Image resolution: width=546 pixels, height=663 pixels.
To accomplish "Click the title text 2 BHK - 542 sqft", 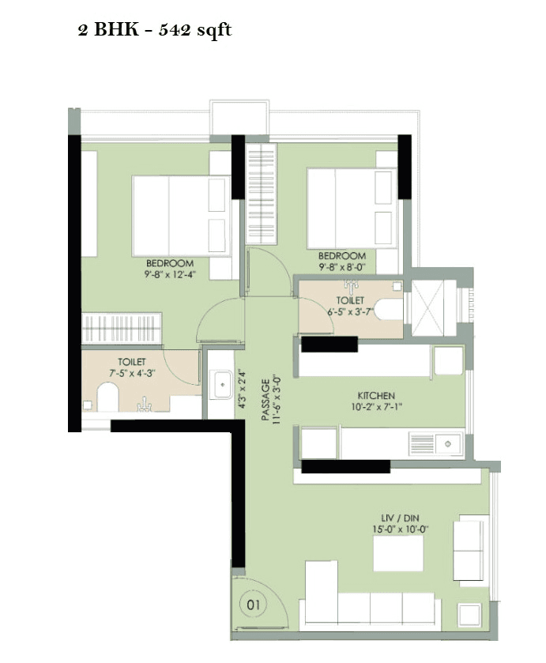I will [154, 32].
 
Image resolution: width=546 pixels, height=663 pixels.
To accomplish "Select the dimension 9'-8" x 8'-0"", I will [341, 267].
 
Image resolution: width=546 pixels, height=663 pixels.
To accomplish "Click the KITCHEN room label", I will [375, 395].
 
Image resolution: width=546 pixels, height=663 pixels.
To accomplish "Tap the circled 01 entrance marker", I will [253, 605].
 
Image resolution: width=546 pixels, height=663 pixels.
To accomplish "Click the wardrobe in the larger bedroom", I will [122, 327].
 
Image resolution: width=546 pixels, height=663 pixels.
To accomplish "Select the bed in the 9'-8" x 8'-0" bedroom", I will [341, 208].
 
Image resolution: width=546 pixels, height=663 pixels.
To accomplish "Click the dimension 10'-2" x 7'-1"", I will [375, 406].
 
